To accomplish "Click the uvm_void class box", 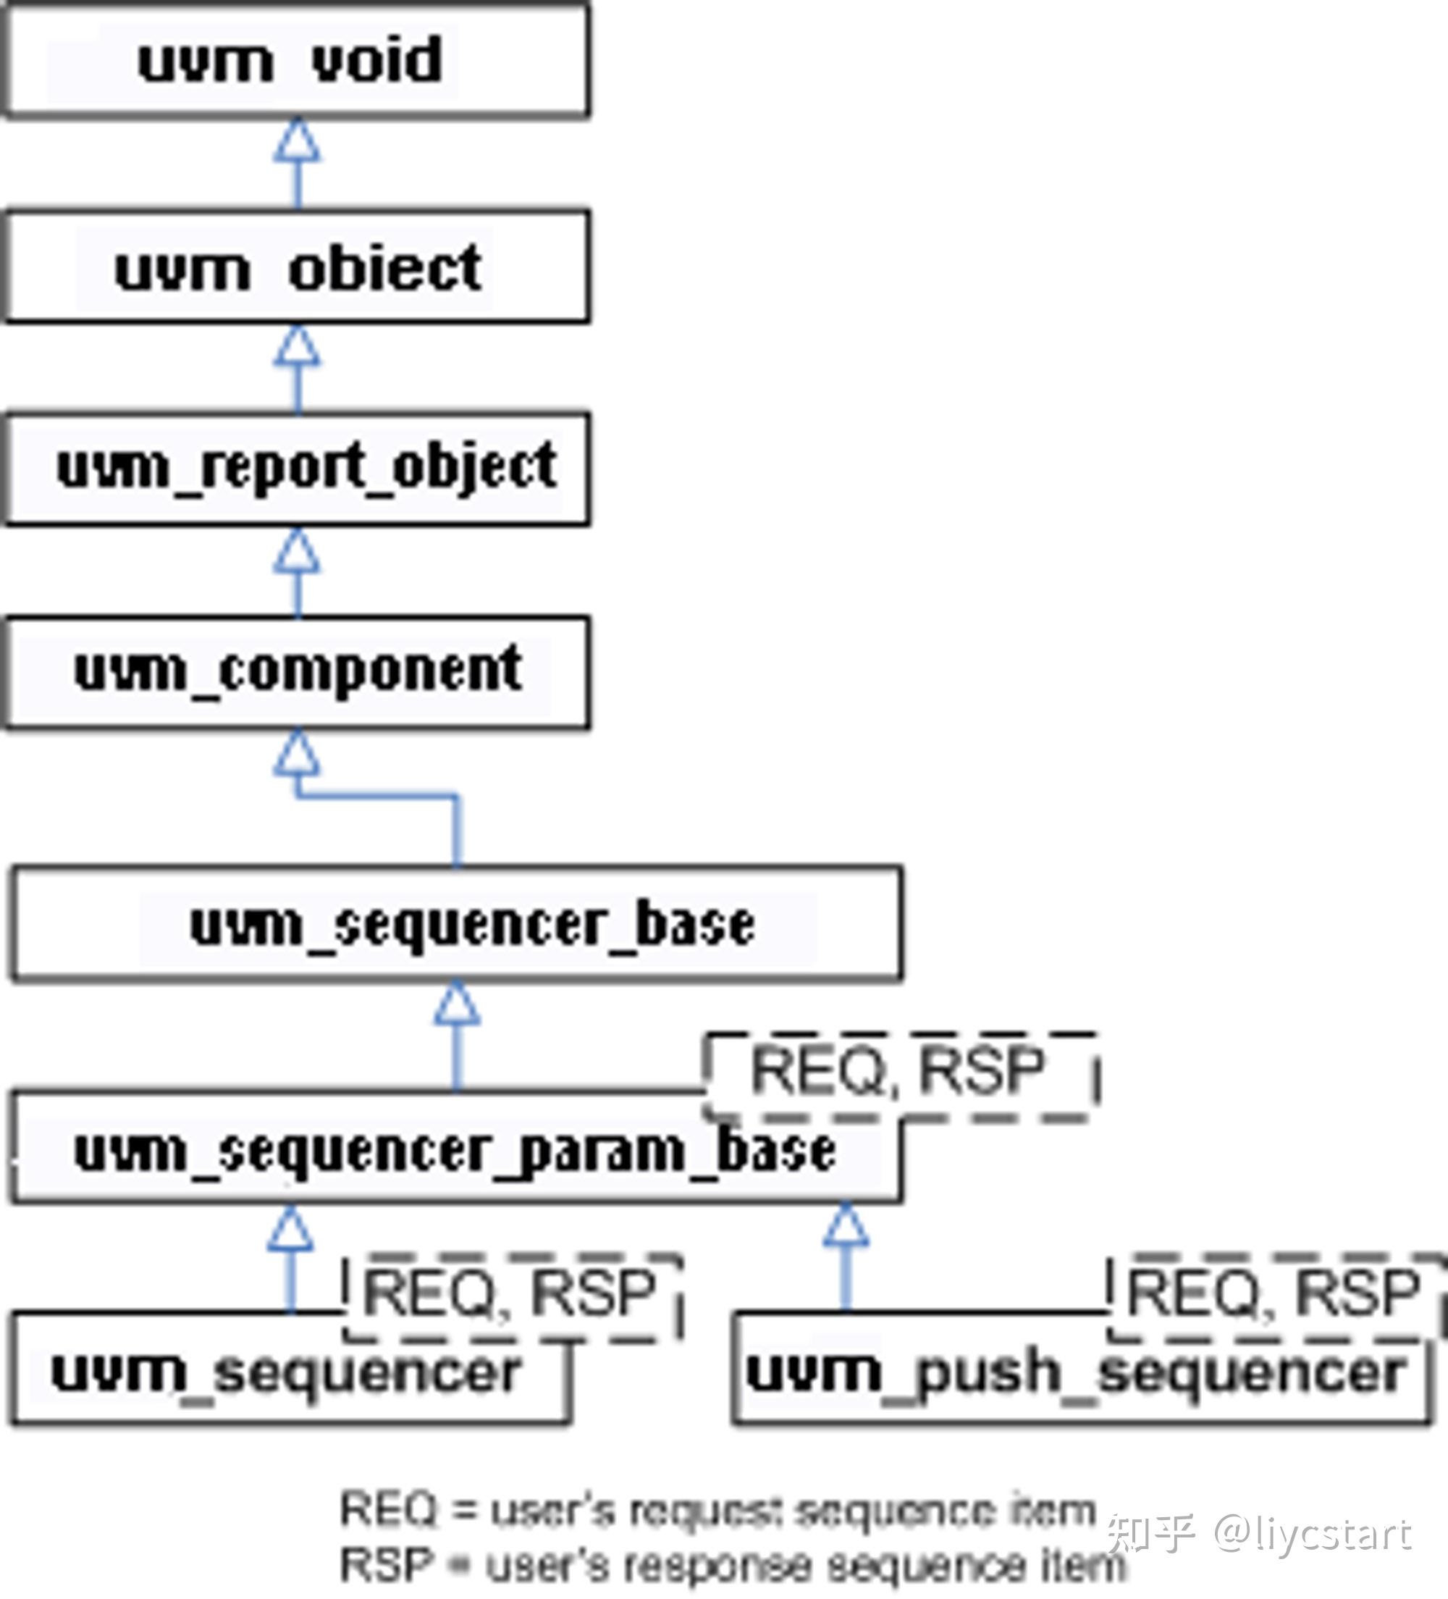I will [x=297, y=60].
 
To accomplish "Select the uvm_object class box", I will [x=297, y=267].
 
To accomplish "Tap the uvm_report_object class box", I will [x=297, y=469].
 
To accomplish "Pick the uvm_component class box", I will [x=297, y=672].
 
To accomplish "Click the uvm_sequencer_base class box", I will [x=456, y=924].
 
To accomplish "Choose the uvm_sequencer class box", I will [x=289, y=1372].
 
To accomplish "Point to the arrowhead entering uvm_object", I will [x=298, y=347].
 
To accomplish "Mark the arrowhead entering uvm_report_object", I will [x=298, y=551].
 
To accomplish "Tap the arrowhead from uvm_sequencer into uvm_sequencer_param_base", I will [x=290, y=1231].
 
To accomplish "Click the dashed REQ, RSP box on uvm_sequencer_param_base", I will [x=900, y=1074].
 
